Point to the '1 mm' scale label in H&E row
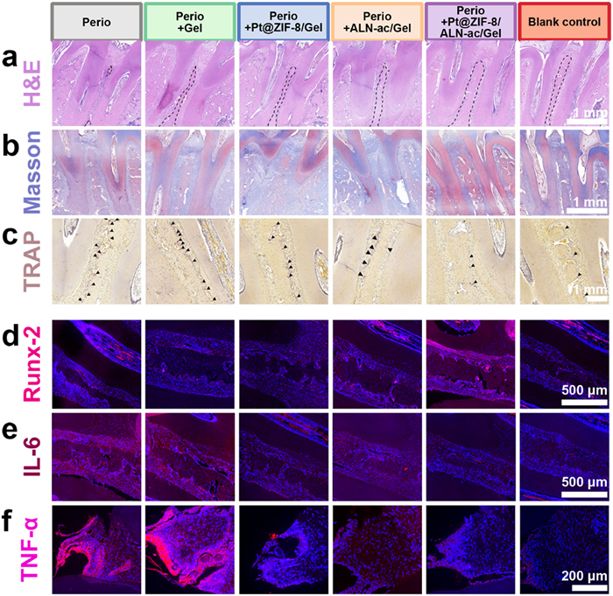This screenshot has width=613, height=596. pyautogui.click(x=584, y=113)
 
